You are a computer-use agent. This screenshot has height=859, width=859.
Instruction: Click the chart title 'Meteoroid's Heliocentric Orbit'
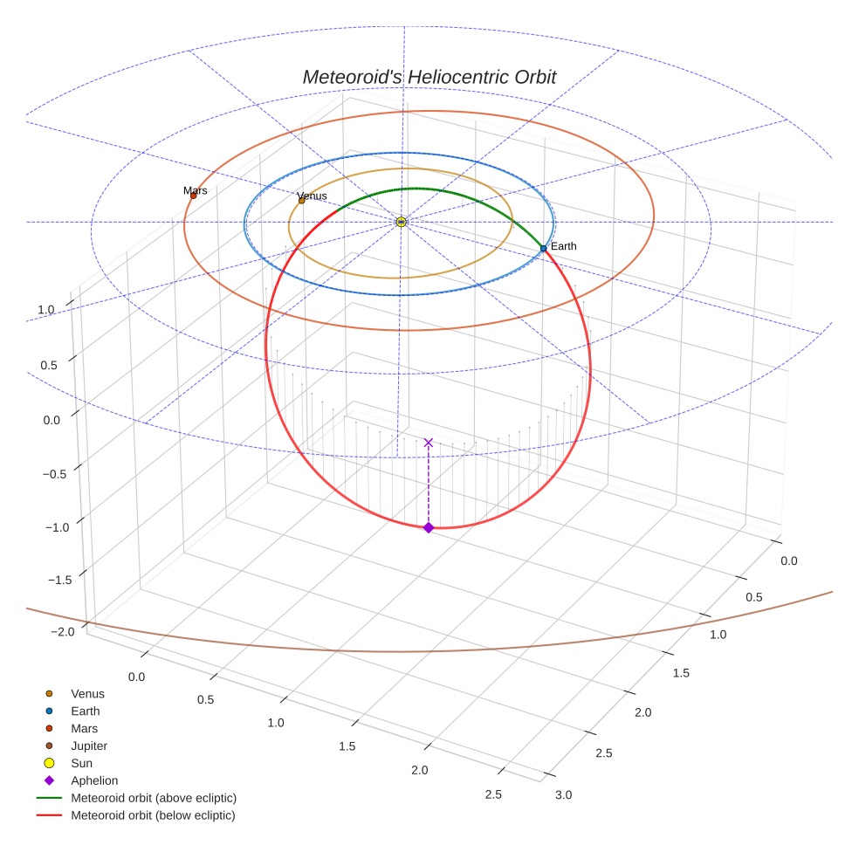click(429, 77)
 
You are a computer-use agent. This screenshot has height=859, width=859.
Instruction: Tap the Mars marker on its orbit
click(193, 196)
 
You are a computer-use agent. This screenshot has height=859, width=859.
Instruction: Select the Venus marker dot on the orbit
click(302, 201)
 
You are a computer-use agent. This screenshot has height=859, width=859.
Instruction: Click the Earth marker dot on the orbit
click(543, 249)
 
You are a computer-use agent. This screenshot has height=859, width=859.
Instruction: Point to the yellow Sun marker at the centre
click(401, 223)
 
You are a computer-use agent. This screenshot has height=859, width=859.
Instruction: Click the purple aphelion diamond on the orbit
click(428, 527)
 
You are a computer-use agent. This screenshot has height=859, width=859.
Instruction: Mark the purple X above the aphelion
click(428, 443)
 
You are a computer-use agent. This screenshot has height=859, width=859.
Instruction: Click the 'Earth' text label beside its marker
click(563, 246)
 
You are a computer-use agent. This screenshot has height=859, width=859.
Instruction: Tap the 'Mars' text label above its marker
click(196, 190)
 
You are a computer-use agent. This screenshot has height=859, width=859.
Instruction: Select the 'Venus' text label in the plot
click(312, 196)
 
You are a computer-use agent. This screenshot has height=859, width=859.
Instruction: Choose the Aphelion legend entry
click(94, 780)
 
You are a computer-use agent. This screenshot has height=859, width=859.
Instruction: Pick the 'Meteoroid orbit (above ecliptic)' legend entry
click(154, 798)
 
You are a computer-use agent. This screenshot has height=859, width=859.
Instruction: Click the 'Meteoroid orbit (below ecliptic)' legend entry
click(154, 815)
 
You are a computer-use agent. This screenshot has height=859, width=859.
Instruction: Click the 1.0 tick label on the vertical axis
click(46, 309)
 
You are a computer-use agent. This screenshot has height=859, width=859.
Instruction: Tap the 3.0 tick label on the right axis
click(564, 794)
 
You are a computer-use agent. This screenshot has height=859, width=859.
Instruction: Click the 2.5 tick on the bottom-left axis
click(493, 794)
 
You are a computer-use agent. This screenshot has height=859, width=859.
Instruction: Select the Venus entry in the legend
click(87, 693)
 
